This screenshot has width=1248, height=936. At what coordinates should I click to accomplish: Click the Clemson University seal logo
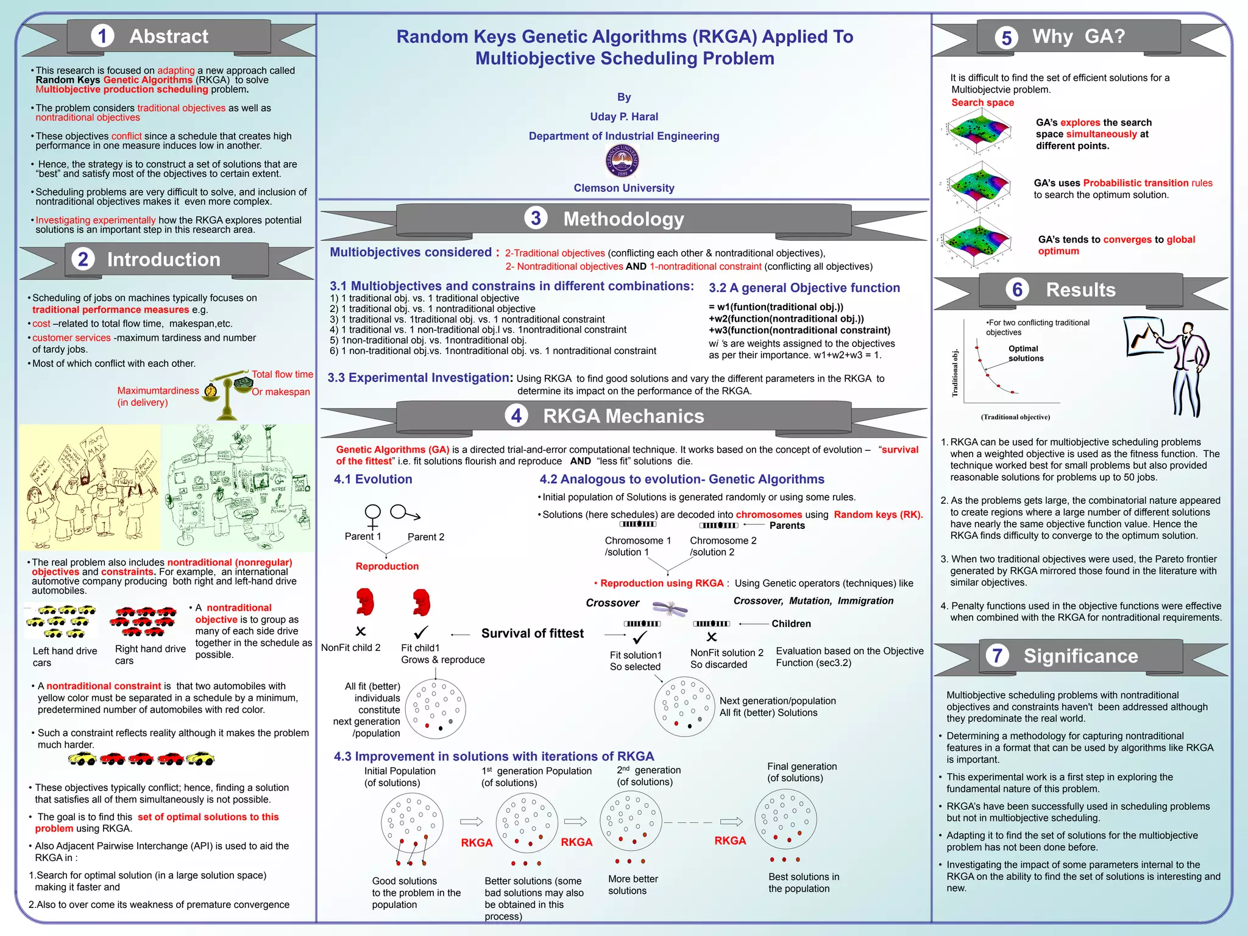tap(622, 161)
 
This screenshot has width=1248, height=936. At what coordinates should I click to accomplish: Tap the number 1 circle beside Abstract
tap(102, 37)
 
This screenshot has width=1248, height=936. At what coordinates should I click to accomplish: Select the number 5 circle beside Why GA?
tap(1006, 38)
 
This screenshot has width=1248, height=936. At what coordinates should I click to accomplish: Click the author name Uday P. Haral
tap(623, 116)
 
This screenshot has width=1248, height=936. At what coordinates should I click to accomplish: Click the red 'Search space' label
tap(982, 102)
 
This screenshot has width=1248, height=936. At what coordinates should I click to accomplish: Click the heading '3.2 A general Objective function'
tap(804, 288)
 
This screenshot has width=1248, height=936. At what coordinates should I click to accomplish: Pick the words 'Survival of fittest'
tap(532, 633)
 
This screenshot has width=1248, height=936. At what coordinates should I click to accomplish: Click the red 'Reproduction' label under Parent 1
tap(387, 566)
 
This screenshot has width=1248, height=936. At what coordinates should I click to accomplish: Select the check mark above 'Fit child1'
tap(421, 632)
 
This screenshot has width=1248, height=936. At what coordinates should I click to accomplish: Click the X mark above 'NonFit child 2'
tap(361, 631)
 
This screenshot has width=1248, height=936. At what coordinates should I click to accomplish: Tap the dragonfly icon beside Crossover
tap(670, 607)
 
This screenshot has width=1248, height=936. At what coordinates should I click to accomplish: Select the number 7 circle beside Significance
tap(998, 656)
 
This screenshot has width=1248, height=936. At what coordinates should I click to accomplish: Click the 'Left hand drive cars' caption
tap(64, 656)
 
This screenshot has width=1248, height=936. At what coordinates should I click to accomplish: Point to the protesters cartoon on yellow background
tap(90, 487)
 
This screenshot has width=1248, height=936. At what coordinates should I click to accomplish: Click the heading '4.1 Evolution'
tap(372, 479)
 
